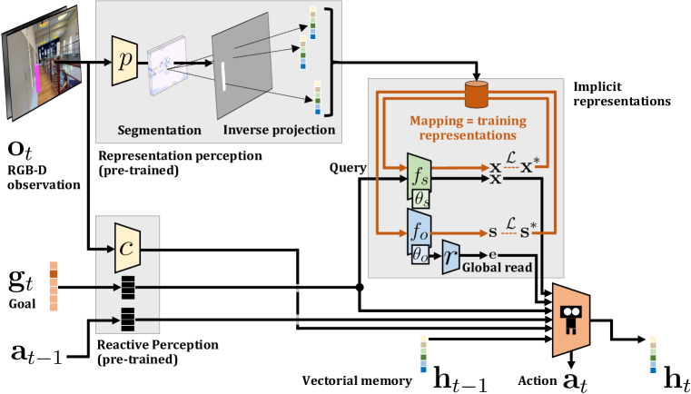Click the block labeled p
tap(123, 61)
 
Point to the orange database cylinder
tap(477, 94)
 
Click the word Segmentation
tap(160, 130)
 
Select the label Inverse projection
tap(278, 130)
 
